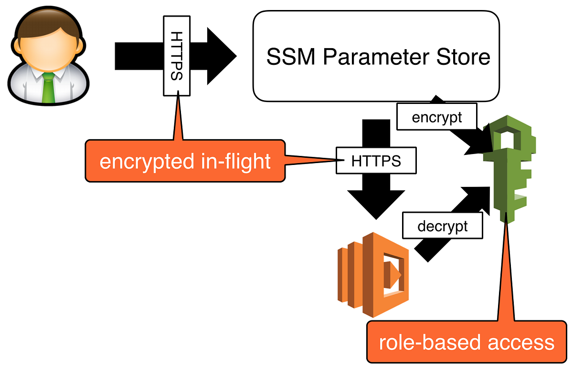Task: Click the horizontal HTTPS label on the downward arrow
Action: pyautogui.click(x=376, y=161)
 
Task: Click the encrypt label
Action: pyautogui.click(x=437, y=117)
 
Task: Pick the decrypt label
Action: pyautogui.click(x=443, y=226)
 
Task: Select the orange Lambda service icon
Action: pyautogui.click(x=372, y=274)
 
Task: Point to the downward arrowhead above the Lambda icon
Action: pyautogui.click(x=376, y=203)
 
